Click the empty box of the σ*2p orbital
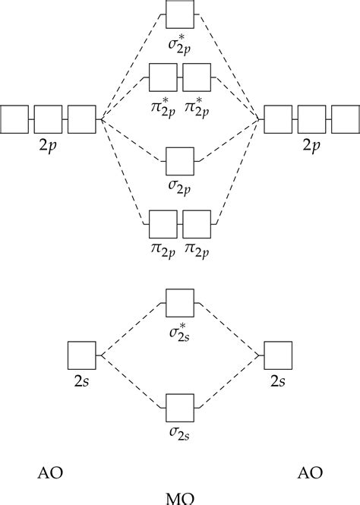tap(180, 15)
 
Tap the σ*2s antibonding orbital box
tap(180, 303)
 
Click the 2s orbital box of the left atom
tap(81, 355)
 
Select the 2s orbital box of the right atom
tap(279, 355)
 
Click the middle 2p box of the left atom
tap(47, 119)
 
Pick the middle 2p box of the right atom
tap(311, 119)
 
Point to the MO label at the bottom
tap(180, 498)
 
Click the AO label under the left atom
tap(50, 473)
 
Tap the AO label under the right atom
tap(309, 473)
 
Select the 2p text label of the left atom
tap(47, 145)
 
